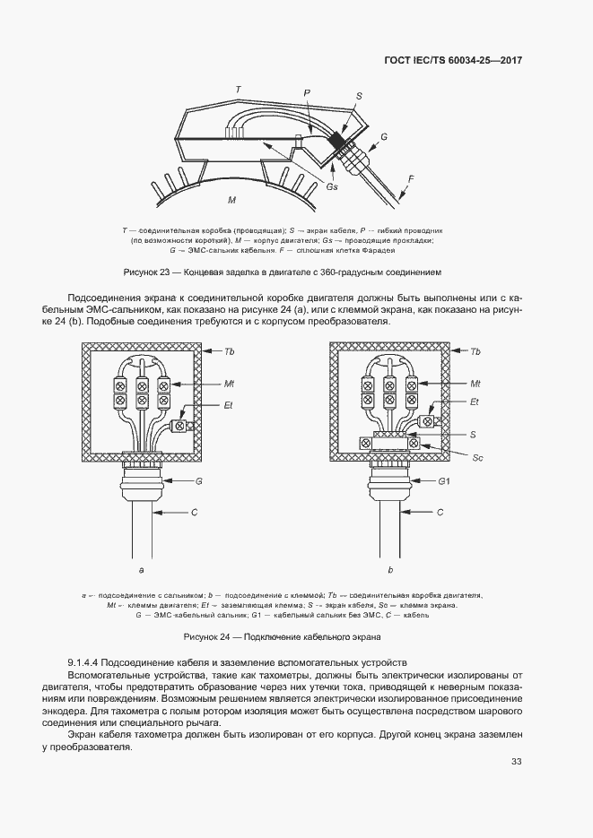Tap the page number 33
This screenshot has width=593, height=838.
click(x=516, y=762)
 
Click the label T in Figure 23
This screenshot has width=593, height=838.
click(x=237, y=90)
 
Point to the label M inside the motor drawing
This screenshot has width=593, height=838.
click(x=231, y=198)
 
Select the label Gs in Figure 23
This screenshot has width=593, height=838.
click(x=332, y=186)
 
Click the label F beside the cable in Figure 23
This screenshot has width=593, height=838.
click(x=411, y=178)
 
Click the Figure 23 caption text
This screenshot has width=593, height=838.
click(x=282, y=272)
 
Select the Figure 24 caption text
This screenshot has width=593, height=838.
click(x=282, y=636)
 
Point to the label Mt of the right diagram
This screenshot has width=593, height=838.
click(x=475, y=383)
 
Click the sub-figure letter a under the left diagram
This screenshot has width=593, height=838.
click(x=142, y=569)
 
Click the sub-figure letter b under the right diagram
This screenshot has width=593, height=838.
click(x=390, y=569)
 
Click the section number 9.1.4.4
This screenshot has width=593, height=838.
click(x=88, y=661)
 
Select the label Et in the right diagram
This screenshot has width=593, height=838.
click(x=475, y=402)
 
